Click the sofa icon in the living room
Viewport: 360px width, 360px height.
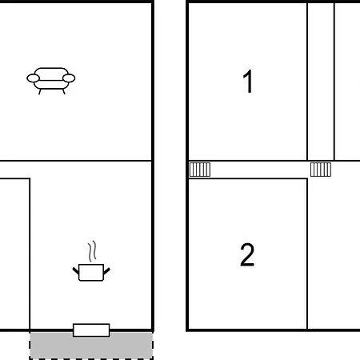tap(51, 81)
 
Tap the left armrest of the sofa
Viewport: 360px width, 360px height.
tap(34, 78)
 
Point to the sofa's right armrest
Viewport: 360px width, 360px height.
tap(69, 78)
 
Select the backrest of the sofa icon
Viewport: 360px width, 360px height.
tap(51, 74)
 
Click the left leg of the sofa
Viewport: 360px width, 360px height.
tap(40, 92)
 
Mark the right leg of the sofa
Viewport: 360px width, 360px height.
tap(63, 92)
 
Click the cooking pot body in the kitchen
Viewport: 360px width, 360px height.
tap(91, 273)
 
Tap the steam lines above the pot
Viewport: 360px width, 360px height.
tap(92, 251)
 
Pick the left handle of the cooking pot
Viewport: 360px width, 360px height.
tap(76, 271)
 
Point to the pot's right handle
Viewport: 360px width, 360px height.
tap(106, 271)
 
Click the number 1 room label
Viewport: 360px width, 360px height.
tap(248, 81)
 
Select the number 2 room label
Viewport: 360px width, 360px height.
tap(247, 254)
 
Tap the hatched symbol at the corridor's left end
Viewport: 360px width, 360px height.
tap(200, 170)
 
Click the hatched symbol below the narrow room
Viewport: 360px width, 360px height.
tap(321, 170)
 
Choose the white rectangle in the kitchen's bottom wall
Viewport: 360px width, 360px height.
tap(91, 330)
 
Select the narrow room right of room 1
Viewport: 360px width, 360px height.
tap(321, 82)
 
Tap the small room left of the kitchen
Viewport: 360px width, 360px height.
tap(14, 254)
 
